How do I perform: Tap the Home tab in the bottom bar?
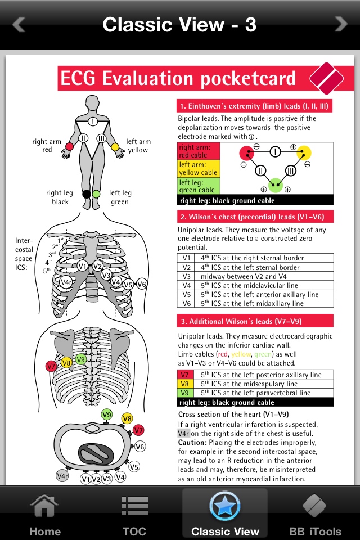point(45,515)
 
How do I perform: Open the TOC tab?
point(134,515)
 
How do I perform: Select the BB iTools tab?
point(315,515)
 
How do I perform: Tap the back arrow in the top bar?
point(19,24)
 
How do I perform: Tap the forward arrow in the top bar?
point(341,24)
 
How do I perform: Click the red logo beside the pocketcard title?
point(326,79)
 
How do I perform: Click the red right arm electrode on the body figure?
point(70,147)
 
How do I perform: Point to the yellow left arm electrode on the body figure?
point(115,147)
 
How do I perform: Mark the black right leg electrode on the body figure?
point(87,194)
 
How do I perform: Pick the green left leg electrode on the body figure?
point(97,194)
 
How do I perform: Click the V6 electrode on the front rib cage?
point(141,284)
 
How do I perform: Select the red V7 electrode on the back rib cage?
point(51,366)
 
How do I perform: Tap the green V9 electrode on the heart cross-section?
point(107,415)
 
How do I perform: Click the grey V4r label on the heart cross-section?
point(63,476)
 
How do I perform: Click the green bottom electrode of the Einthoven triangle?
point(275,184)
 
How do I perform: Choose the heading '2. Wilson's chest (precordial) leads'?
point(255,217)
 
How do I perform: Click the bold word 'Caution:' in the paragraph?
point(193,443)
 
